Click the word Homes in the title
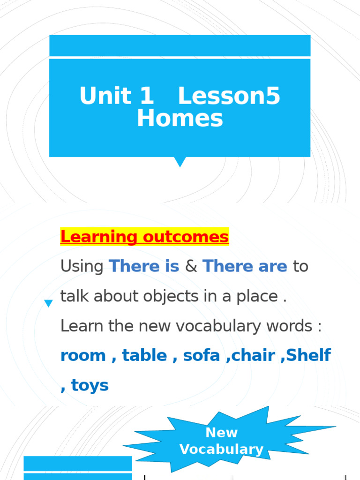[180, 119]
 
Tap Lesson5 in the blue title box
[229, 96]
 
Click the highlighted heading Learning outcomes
[144, 237]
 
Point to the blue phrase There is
[144, 266]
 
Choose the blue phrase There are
[245, 266]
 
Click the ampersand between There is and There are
[191, 267]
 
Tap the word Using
[82, 267]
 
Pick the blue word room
[83, 356]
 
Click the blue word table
[144, 355]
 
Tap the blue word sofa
[202, 355]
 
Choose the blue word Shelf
[308, 355]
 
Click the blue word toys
[90, 386]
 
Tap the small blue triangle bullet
[48, 304]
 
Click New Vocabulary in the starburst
[221, 441]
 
